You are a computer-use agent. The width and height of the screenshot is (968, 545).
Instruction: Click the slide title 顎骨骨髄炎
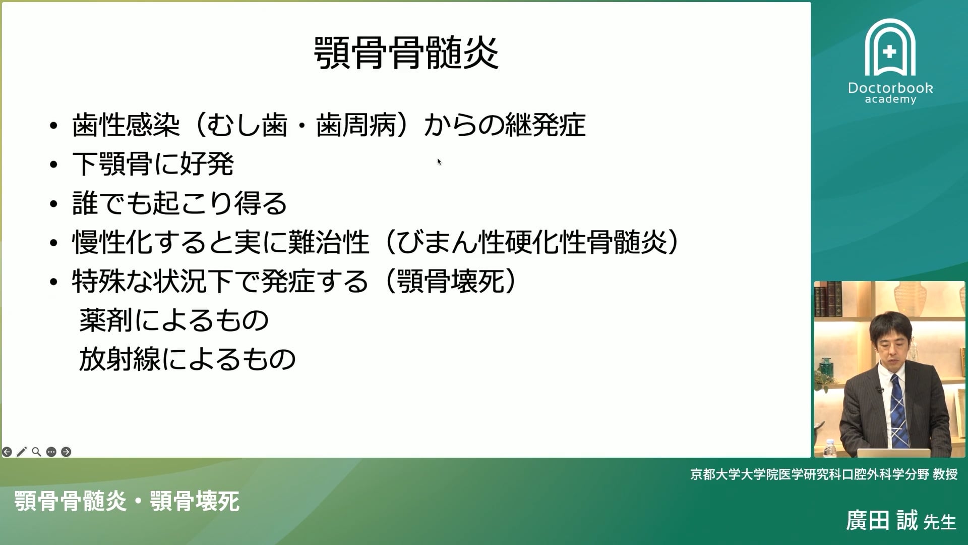tap(406, 53)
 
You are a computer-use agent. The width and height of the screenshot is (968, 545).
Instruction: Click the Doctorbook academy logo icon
tap(890, 48)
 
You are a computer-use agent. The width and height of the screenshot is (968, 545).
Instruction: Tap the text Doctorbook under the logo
tap(890, 88)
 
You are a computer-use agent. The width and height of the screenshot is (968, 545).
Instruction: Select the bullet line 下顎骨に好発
tap(153, 164)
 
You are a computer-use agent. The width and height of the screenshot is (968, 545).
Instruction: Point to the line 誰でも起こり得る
tap(179, 203)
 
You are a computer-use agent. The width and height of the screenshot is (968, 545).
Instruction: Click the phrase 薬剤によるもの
tap(174, 320)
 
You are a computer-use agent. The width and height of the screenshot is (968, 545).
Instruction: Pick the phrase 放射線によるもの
tap(187, 359)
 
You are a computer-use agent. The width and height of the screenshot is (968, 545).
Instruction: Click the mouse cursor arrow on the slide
tap(439, 161)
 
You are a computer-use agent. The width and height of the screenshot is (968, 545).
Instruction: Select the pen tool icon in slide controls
tap(22, 452)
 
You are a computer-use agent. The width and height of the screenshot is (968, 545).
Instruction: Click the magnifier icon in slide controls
tap(36, 452)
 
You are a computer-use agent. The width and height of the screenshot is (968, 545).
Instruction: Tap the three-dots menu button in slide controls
tap(51, 452)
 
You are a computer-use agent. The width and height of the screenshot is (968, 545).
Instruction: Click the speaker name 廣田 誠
tap(882, 520)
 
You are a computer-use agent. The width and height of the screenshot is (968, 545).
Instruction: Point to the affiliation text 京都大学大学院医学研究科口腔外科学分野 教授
tap(824, 474)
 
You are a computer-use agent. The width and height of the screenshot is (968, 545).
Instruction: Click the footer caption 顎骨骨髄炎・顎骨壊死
tap(127, 501)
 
